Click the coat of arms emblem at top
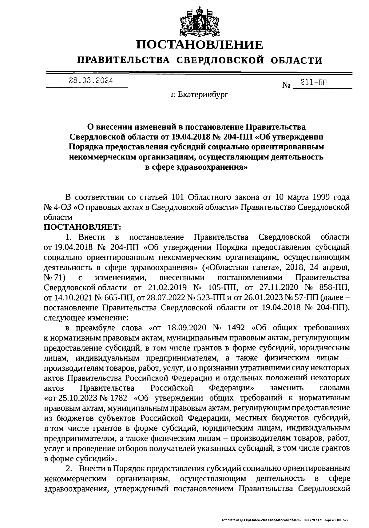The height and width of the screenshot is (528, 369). click(x=199, y=19)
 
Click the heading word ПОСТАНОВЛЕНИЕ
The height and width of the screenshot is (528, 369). click(x=199, y=45)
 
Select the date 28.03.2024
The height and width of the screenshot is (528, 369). click(x=91, y=81)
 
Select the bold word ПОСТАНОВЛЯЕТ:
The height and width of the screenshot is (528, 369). click(x=83, y=227)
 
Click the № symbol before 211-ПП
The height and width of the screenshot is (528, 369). click(x=286, y=85)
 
